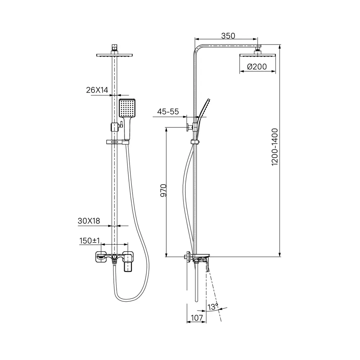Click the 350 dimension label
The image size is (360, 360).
[228, 36]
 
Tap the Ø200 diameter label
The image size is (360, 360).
[257, 66]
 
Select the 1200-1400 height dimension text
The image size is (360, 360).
[275, 147]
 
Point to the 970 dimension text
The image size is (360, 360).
[163, 190]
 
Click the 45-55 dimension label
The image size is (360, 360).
[168, 112]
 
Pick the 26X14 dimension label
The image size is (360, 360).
[97, 90]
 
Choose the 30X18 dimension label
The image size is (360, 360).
[89, 221]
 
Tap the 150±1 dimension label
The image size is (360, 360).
[90, 241]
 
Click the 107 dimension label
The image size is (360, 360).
[196, 318]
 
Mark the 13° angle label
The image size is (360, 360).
[213, 307]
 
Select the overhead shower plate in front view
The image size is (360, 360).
[114, 55]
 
